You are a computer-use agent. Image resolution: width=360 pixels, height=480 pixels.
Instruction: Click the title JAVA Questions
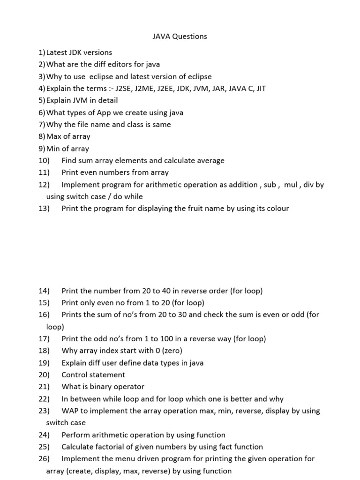pyautogui.click(x=180, y=36)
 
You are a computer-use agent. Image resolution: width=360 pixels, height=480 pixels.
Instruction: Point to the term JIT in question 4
pyautogui.click(x=260, y=88)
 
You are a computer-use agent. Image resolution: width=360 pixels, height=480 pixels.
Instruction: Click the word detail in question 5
pyautogui.click(x=107, y=100)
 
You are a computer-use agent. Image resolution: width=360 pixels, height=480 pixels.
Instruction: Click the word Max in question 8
pyautogui.click(x=53, y=136)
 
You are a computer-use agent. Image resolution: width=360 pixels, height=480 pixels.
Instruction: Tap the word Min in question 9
pyautogui.click(x=53, y=149)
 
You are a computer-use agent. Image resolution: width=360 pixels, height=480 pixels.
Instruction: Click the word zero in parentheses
pyautogui.click(x=171, y=351)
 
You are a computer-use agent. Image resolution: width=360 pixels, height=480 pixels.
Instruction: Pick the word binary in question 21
pyautogui.click(x=98, y=387)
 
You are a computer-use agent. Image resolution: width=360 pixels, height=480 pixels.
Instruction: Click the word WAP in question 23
pyautogui.click(x=70, y=411)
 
